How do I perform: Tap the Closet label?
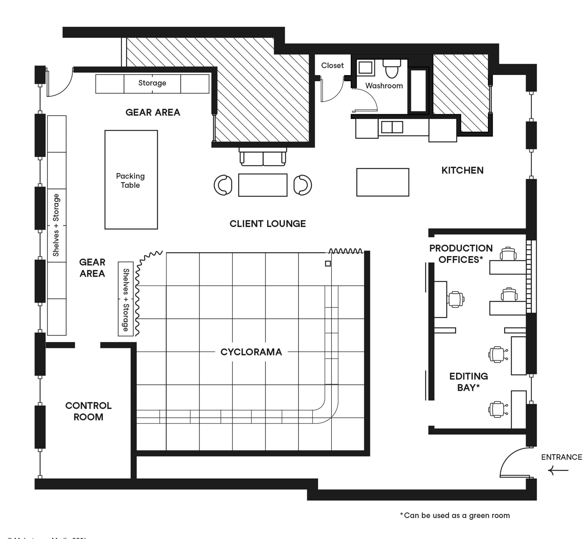click(x=332, y=65)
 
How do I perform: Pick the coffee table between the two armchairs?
click(x=263, y=185)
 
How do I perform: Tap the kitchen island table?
click(x=383, y=182)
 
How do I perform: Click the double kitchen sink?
click(x=392, y=127)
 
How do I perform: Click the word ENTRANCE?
click(x=561, y=457)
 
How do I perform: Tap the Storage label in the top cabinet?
click(x=152, y=83)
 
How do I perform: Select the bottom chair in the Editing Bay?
click(x=497, y=409)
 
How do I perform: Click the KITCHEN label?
click(x=462, y=170)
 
